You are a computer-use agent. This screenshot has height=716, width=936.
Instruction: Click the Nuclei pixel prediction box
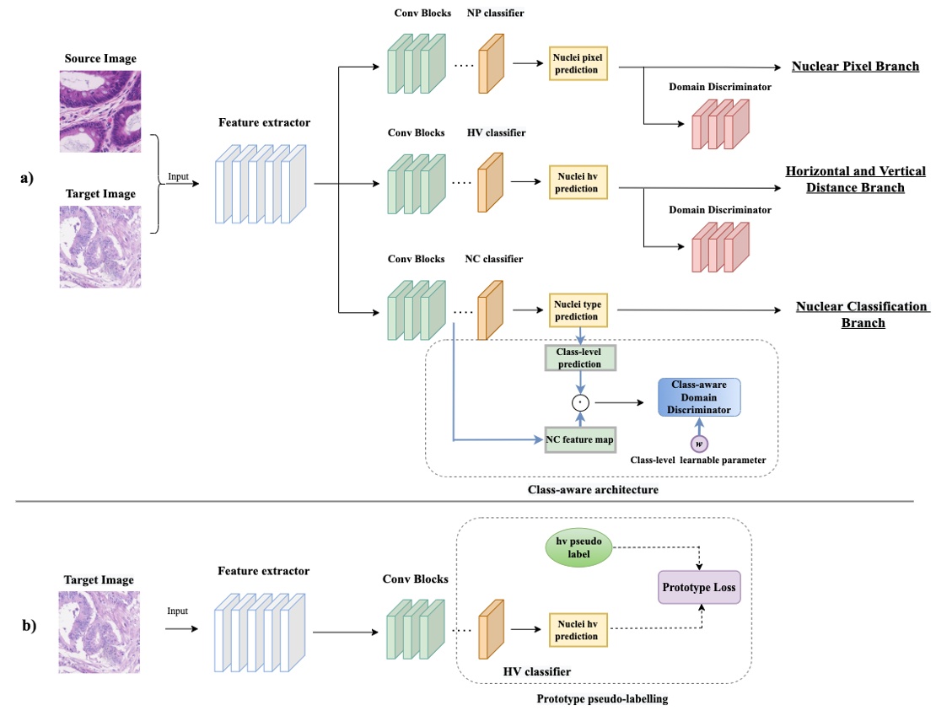tap(578, 63)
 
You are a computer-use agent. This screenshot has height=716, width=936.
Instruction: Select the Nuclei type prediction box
tap(578, 310)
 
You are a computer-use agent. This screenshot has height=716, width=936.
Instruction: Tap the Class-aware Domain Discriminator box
tap(698, 396)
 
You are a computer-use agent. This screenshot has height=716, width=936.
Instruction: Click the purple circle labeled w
tap(697, 444)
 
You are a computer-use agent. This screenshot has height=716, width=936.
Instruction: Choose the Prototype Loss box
tap(699, 584)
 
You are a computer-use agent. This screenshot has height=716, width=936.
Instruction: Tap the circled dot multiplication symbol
tap(578, 402)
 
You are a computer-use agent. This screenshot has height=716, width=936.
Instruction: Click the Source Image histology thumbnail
tap(100, 110)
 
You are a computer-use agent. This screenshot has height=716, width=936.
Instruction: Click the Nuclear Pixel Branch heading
tap(855, 66)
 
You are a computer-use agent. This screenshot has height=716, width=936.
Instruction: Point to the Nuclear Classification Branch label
tap(861, 314)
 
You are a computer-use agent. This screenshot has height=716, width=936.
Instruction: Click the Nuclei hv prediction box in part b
tap(578, 629)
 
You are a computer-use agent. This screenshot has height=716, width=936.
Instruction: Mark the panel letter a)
tap(26, 179)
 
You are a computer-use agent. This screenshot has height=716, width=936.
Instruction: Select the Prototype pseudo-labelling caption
tap(602, 699)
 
